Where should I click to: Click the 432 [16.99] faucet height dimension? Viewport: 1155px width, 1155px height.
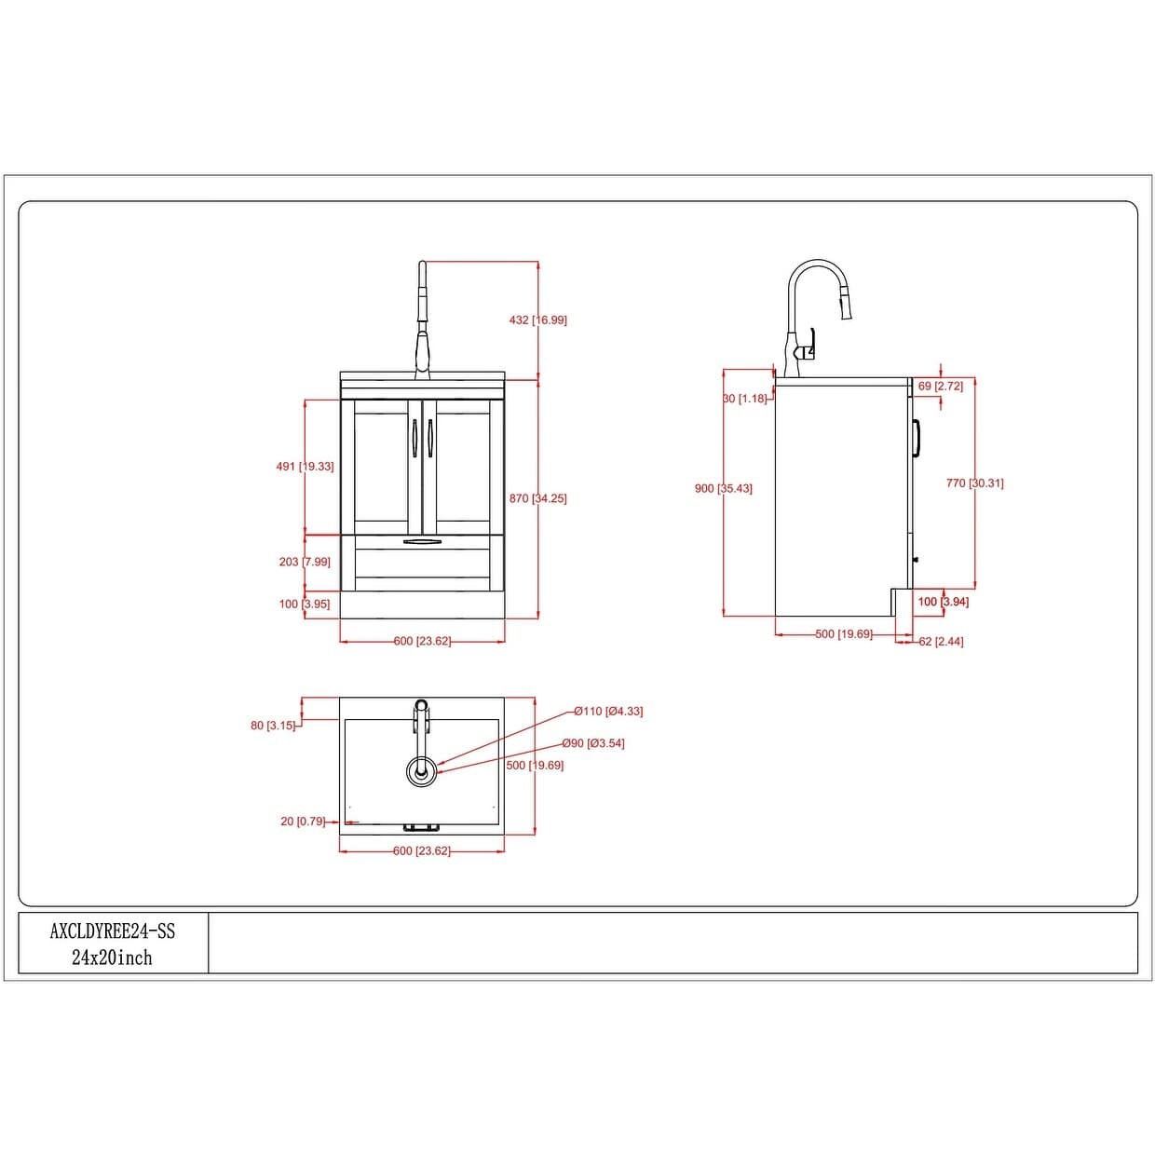click(x=537, y=320)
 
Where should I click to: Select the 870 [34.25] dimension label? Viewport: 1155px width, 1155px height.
click(x=537, y=498)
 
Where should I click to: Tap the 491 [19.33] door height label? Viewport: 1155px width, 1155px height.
click(x=306, y=466)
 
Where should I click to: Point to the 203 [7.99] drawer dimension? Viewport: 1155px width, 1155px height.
click(x=305, y=562)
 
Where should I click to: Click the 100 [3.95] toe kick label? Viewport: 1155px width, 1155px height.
click(x=305, y=604)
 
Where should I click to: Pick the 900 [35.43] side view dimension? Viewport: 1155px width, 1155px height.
click(x=724, y=488)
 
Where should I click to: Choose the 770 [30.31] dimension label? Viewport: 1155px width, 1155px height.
click(x=974, y=482)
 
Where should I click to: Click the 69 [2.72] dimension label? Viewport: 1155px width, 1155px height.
click(x=941, y=386)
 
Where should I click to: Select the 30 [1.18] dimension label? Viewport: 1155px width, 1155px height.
click(x=745, y=398)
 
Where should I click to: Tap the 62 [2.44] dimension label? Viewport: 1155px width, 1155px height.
click(x=941, y=642)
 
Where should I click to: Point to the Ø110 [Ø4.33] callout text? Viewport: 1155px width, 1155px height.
click(x=608, y=711)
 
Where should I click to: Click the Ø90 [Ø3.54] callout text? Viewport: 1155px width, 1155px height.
click(x=593, y=743)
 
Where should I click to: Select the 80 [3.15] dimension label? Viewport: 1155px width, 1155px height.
click(x=273, y=726)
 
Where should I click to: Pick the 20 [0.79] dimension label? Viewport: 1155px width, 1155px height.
click(x=303, y=822)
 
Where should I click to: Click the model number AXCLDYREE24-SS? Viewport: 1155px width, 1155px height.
click(x=112, y=931)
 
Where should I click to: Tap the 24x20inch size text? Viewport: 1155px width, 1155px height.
click(x=112, y=958)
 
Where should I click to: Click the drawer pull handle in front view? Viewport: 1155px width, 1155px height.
click(x=422, y=542)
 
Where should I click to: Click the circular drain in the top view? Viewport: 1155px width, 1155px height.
click(x=422, y=772)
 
